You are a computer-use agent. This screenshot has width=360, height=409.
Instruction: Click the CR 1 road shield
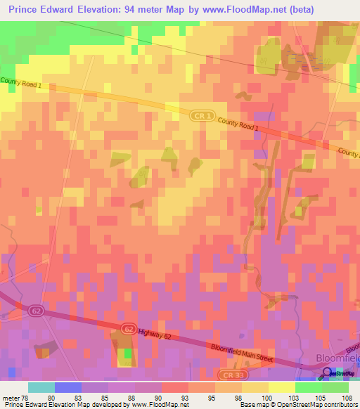(x=200, y=115)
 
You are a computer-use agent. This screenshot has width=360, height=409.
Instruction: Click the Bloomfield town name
(x=336, y=358)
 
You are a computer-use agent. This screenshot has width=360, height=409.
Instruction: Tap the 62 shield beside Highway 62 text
(x=128, y=328)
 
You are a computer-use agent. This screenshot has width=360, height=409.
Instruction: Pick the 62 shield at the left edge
(x=37, y=309)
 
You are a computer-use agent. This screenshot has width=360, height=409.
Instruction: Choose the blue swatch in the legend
(x=68, y=387)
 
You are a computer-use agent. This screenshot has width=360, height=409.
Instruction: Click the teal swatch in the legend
(x=41, y=387)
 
